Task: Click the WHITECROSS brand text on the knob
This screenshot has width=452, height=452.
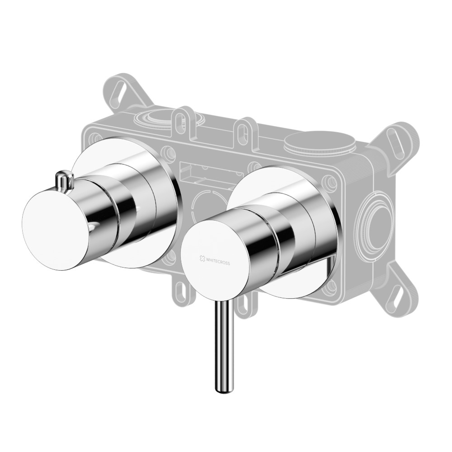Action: coord(218,261)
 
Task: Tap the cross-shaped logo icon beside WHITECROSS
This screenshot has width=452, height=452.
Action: coord(202,259)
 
